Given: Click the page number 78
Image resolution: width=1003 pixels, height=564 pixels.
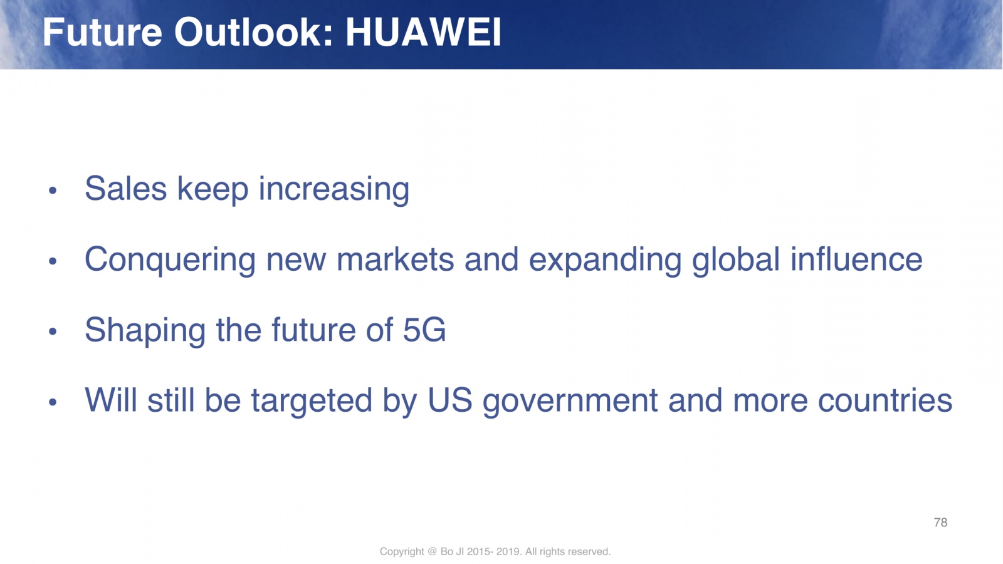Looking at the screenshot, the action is [x=940, y=523].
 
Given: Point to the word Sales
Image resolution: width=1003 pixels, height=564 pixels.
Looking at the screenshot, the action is [x=126, y=189].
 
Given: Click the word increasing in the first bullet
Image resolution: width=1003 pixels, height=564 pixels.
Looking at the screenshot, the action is [x=334, y=190].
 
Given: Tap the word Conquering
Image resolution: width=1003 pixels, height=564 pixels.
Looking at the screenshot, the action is [x=170, y=260].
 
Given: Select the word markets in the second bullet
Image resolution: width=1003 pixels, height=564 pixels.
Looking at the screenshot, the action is [x=395, y=259].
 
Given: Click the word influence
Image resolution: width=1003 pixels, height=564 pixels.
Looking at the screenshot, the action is [x=856, y=259].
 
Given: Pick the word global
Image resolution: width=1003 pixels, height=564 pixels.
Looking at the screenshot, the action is [x=736, y=260].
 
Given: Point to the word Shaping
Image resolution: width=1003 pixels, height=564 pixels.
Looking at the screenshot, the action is [x=145, y=331].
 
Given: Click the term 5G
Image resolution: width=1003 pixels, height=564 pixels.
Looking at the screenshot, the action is [x=424, y=330].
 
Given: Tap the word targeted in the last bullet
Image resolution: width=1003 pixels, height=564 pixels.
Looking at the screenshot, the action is [x=312, y=401].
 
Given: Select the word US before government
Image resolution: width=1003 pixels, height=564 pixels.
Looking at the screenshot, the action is [x=450, y=400].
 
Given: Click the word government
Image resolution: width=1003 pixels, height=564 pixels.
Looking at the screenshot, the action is [x=570, y=401].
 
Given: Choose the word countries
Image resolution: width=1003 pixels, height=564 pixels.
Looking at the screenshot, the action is [x=885, y=400].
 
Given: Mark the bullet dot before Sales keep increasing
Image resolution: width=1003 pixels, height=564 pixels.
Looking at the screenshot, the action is [x=53, y=191].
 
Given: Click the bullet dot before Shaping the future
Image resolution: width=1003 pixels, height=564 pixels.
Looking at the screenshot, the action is [x=53, y=332].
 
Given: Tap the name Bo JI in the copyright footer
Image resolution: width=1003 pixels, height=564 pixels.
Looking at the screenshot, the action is [x=452, y=551].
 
